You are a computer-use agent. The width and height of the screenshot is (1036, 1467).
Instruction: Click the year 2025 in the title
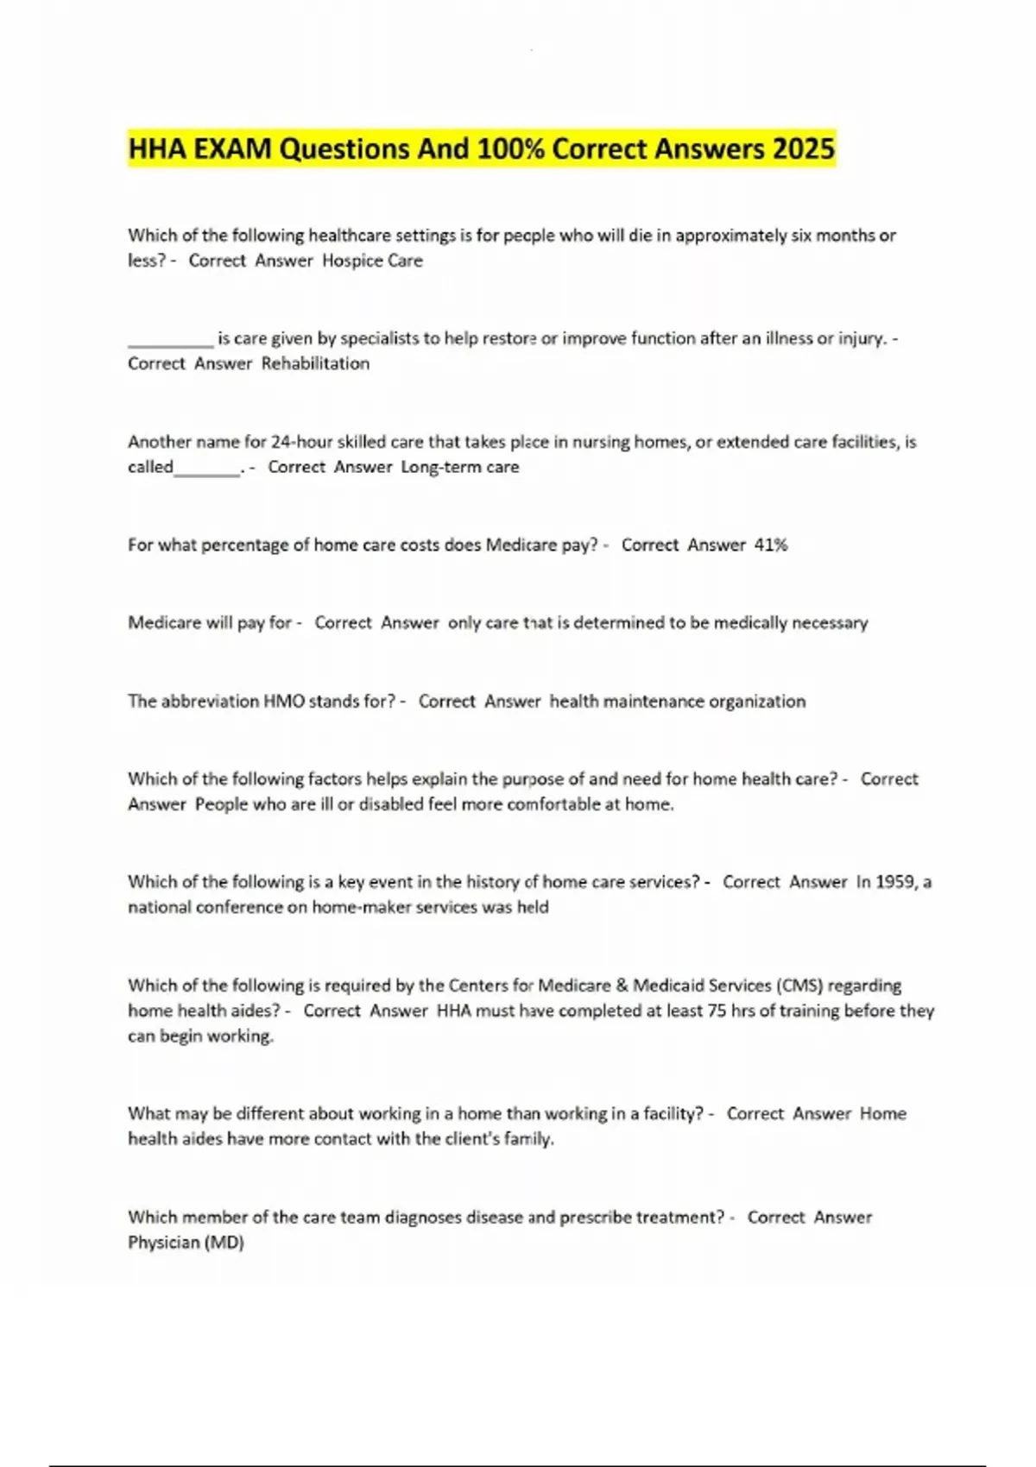pyautogui.click(x=804, y=149)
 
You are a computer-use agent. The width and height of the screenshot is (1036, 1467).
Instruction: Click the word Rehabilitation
pyautogui.click(x=315, y=363)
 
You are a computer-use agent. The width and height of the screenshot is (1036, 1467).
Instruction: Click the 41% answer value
pyautogui.click(x=771, y=545)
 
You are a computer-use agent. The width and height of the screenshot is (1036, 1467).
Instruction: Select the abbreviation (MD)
pyautogui.click(x=224, y=1243)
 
